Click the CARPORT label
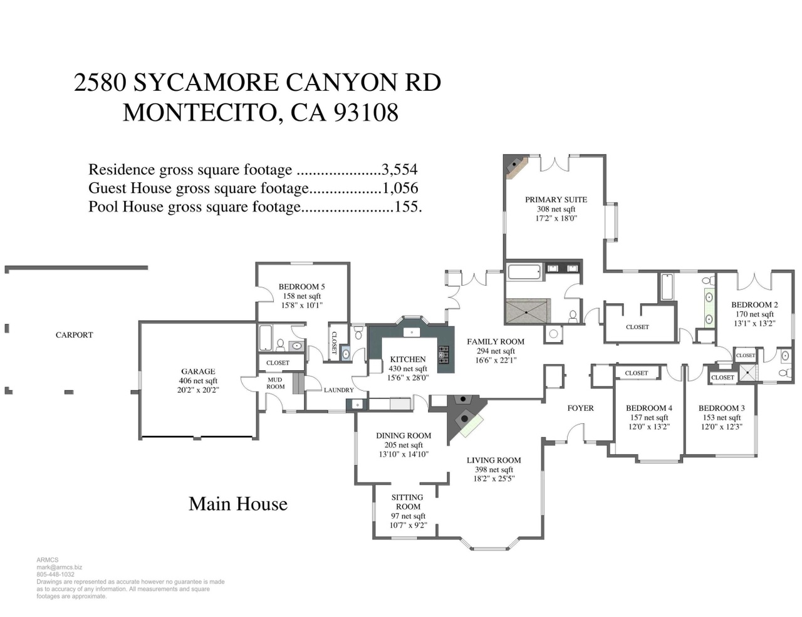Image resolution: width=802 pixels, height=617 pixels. point(74,335)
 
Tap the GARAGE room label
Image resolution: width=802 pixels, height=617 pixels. point(198,371)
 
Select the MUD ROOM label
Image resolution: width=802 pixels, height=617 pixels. point(275,383)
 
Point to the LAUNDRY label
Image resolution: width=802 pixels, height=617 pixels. point(339,390)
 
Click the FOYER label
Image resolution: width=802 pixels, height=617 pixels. point(581,408)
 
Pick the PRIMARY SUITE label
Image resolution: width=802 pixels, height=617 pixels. point(556,200)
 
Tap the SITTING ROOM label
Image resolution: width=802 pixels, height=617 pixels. point(407,502)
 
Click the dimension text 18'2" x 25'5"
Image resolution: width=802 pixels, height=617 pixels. point(494,479)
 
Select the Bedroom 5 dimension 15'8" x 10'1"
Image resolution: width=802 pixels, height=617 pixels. point(301,305)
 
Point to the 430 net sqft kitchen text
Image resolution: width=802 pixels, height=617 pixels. point(407,368)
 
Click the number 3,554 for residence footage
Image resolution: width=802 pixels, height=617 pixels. point(399,170)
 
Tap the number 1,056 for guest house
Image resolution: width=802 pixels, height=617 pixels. point(400,188)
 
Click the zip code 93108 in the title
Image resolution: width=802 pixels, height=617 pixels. point(366,112)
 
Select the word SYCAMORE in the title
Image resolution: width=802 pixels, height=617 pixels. point(206,82)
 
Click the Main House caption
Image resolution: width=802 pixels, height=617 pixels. point(238,504)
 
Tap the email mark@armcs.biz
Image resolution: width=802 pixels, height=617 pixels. point(59,568)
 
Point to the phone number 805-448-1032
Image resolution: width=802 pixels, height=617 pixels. point(55,574)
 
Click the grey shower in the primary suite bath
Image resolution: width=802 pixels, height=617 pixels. point(528,311)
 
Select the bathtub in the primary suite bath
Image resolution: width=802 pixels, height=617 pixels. point(524,272)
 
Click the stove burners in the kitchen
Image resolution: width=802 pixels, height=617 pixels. point(444,355)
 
